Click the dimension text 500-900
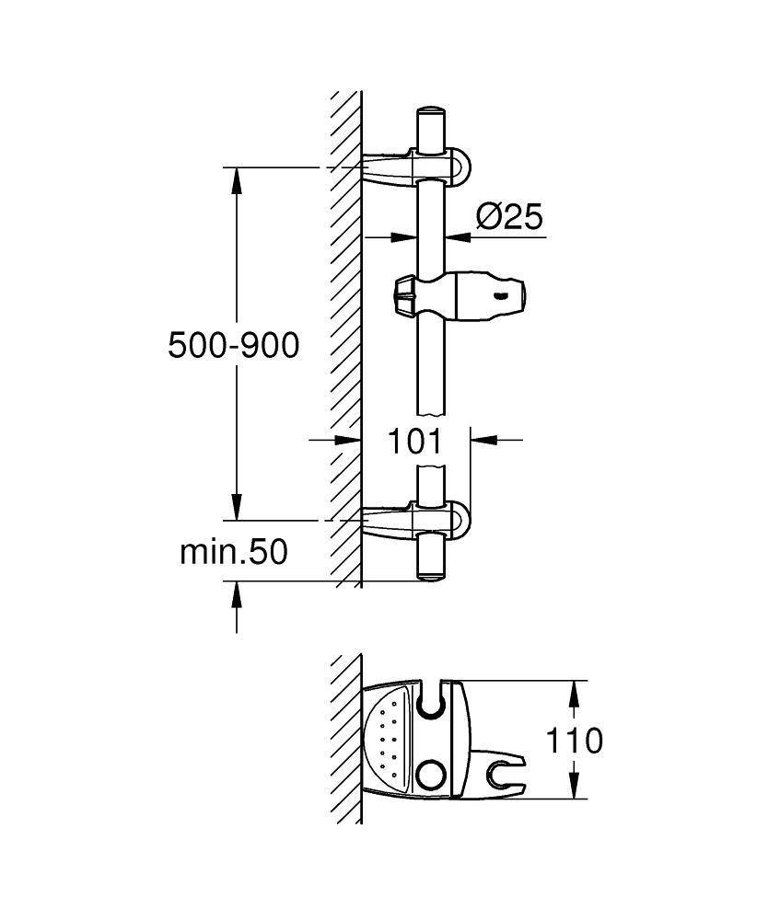tap(234, 345)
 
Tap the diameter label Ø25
tap(508, 217)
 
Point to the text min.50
tap(234, 552)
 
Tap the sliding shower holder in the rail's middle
tap(460, 294)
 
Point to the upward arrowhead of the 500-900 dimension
tap(237, 180)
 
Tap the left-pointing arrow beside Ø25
tap(458, 236)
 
